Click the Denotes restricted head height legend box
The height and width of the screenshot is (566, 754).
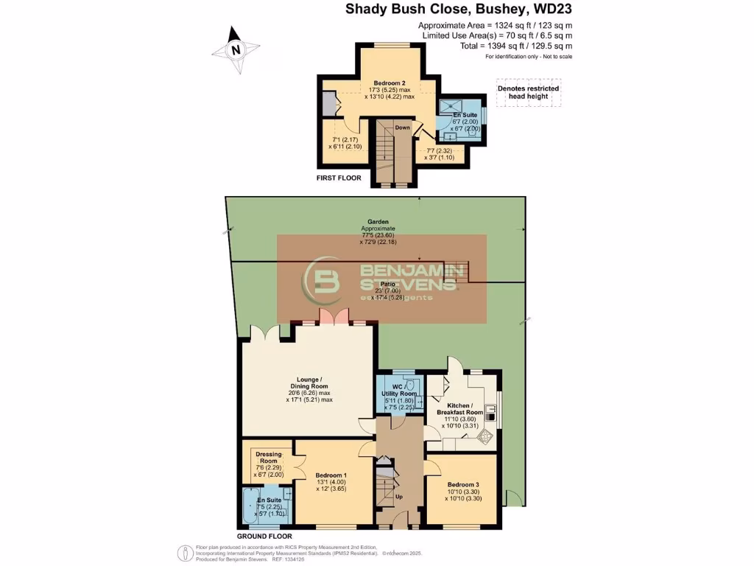pos(528,93)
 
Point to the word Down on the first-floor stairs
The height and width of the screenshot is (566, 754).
pos(402,127)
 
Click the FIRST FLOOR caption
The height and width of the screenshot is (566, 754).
pos(344,179)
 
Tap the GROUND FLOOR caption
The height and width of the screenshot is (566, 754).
pos(265,537)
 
